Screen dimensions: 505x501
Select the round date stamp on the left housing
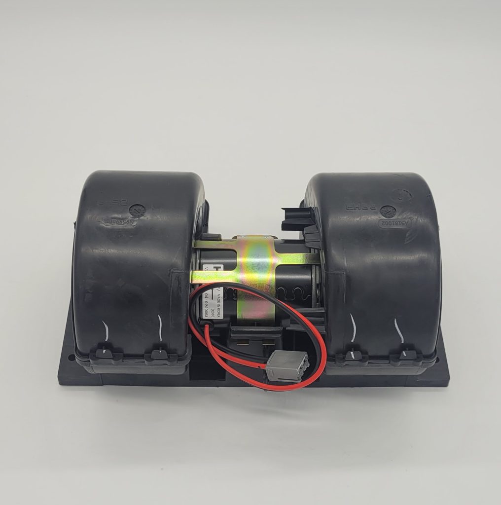137,210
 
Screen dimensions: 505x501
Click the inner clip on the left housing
159,354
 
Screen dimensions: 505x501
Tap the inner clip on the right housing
353,355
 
